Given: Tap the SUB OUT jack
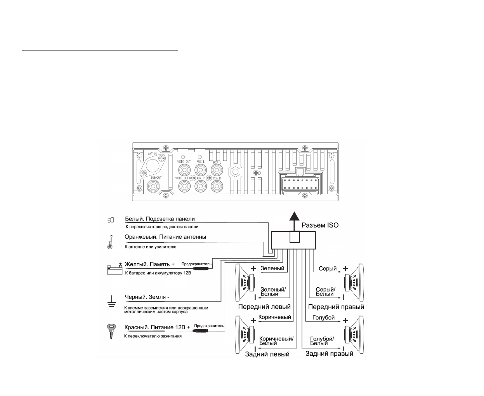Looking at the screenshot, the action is (x=154, y=187).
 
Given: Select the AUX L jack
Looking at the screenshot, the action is (x=200, y=170).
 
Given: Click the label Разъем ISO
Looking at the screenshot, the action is (x=320, y=225).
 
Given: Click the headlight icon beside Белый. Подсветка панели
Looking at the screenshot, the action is (x=111, y=220).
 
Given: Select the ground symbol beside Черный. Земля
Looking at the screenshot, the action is (x=111, y=301).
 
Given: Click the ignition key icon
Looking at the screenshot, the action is (x=111, y=331).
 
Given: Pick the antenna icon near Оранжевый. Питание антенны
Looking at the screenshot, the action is (x=110, y=242).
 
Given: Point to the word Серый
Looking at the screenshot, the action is (x=328, y=268).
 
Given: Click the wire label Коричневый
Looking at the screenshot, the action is (x=275, y=317).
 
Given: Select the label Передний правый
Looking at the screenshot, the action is (x=336, y=307).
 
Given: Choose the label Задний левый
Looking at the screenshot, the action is (x=267, y=354).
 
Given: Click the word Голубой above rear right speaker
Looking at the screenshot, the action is (x=323, y=318).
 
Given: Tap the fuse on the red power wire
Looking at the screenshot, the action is (x=200, y=332).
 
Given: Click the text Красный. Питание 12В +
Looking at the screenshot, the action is (x=157, y=327).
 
